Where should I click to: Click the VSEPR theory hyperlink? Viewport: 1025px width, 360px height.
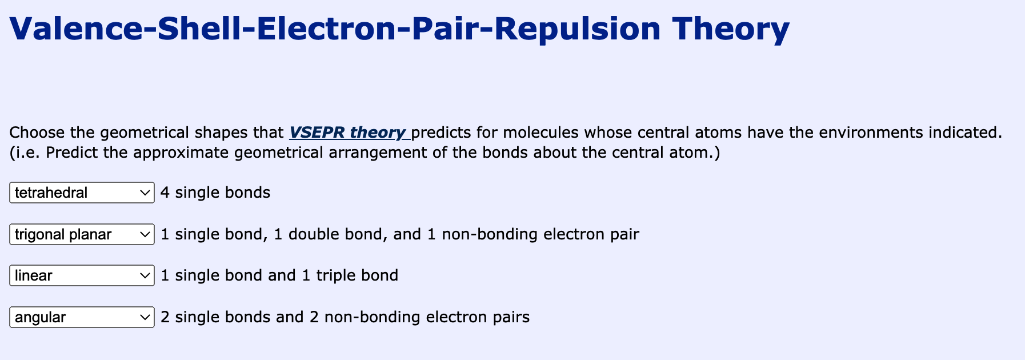(347, 133)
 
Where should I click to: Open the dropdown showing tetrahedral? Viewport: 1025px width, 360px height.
(82, 193)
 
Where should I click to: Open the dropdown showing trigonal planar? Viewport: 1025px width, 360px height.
(82, 234)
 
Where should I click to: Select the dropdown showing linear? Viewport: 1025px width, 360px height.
(82, 275)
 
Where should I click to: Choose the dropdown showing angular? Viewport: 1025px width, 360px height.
(82, 317)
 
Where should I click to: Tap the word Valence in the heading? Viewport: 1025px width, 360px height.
(75, 29)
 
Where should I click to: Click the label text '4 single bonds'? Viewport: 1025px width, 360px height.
(215, 193)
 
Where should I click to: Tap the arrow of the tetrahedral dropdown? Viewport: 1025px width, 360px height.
(145, 193)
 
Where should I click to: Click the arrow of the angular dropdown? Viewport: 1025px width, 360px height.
(145, 318)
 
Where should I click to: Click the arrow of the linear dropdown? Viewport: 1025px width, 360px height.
(145, 276)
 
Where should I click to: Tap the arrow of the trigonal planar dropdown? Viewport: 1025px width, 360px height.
(145, 235)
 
